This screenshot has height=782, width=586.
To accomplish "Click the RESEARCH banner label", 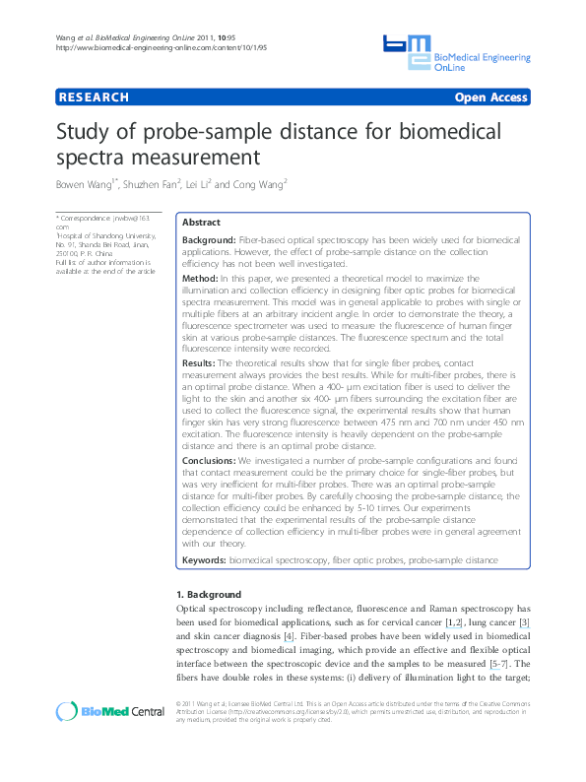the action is (94, 98).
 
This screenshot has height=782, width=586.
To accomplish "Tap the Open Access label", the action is (490, 98).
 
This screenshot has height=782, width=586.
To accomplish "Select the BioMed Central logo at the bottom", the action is (98, 712).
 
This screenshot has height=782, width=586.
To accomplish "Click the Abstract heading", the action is (202, 223).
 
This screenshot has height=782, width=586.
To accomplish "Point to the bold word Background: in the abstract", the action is (209, 240).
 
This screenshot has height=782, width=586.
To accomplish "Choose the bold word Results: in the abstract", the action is (203, 363).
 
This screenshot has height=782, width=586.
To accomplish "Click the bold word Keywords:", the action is (205, 559).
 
